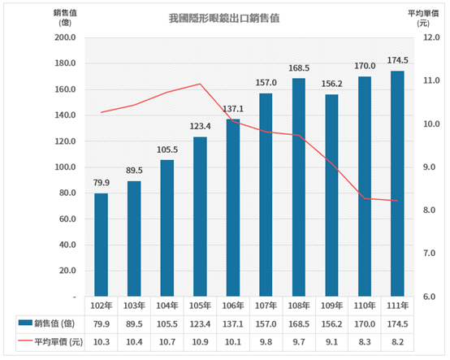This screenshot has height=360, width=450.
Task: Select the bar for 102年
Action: click(101, 244)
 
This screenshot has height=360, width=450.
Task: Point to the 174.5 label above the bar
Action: click(396, 62)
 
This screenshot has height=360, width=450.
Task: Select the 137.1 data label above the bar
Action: click(232, 110)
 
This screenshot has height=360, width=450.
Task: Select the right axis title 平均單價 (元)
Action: click(422, 17)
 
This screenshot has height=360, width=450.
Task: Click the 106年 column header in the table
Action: click(232, 306)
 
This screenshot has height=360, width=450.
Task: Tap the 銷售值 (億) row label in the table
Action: click(50, 323)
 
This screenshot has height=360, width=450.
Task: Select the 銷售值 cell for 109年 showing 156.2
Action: click(331, 323)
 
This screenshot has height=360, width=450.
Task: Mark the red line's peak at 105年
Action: click(200, 84)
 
